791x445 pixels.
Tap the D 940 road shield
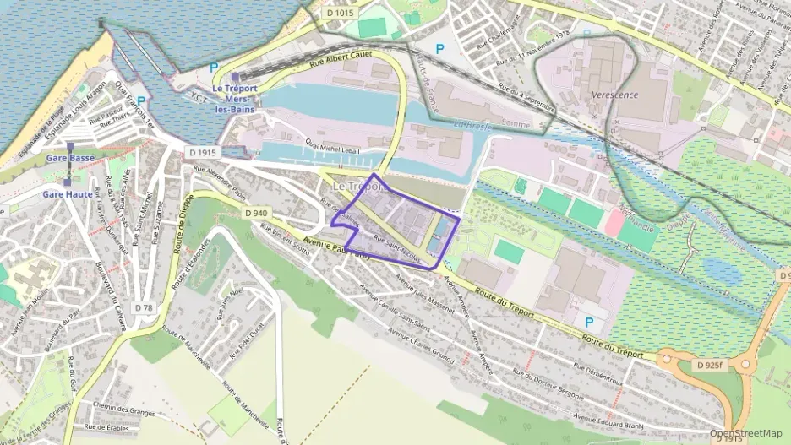257,214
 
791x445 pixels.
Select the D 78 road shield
145,308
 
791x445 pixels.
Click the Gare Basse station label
70,159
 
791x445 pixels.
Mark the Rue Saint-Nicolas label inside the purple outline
396,244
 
